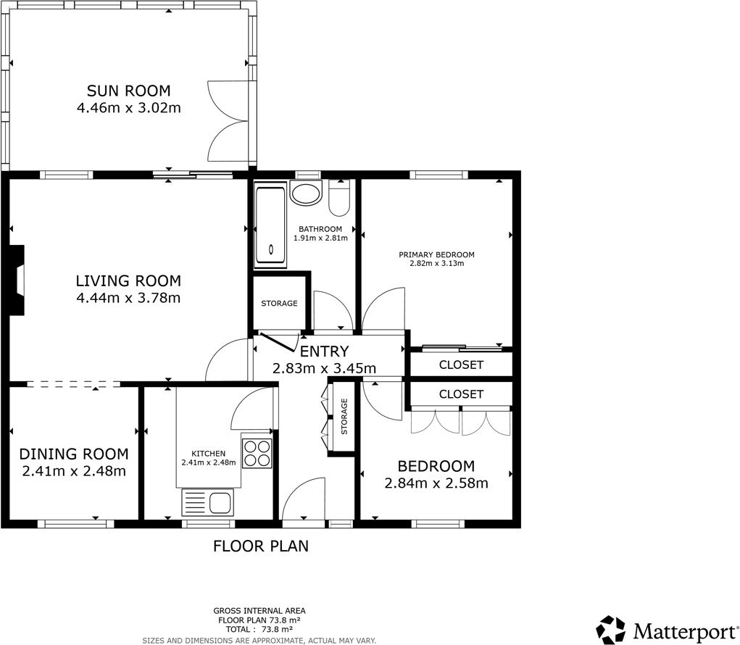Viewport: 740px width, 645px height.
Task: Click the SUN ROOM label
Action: (128, 91)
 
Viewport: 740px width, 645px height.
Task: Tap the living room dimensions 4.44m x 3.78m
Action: (128, 298)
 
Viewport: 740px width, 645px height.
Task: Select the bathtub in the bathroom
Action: (270, 226)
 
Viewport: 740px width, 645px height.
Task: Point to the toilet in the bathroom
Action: (339, 199)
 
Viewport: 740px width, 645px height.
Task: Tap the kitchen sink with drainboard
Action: (207, 502)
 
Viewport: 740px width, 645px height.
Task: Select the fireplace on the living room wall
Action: (16, 280)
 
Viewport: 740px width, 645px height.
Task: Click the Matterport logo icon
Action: (610, 629)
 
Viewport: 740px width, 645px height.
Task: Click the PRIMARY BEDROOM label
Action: (436, 254)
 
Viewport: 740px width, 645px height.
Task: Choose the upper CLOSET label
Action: (461, 365)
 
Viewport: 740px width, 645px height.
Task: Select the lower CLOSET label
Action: (461, 394)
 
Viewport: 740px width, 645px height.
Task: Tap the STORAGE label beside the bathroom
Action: (279, 303)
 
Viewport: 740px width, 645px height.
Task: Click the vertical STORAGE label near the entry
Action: (345, 417)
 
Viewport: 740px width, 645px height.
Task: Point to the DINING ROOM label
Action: (73, 454)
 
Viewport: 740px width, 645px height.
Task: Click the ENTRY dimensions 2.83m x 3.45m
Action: (324, 368)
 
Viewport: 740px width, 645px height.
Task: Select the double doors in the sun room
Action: (227, 121)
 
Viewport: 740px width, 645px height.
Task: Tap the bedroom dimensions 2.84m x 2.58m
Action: (436, 483)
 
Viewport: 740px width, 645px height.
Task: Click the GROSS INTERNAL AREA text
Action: (259, 611)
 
